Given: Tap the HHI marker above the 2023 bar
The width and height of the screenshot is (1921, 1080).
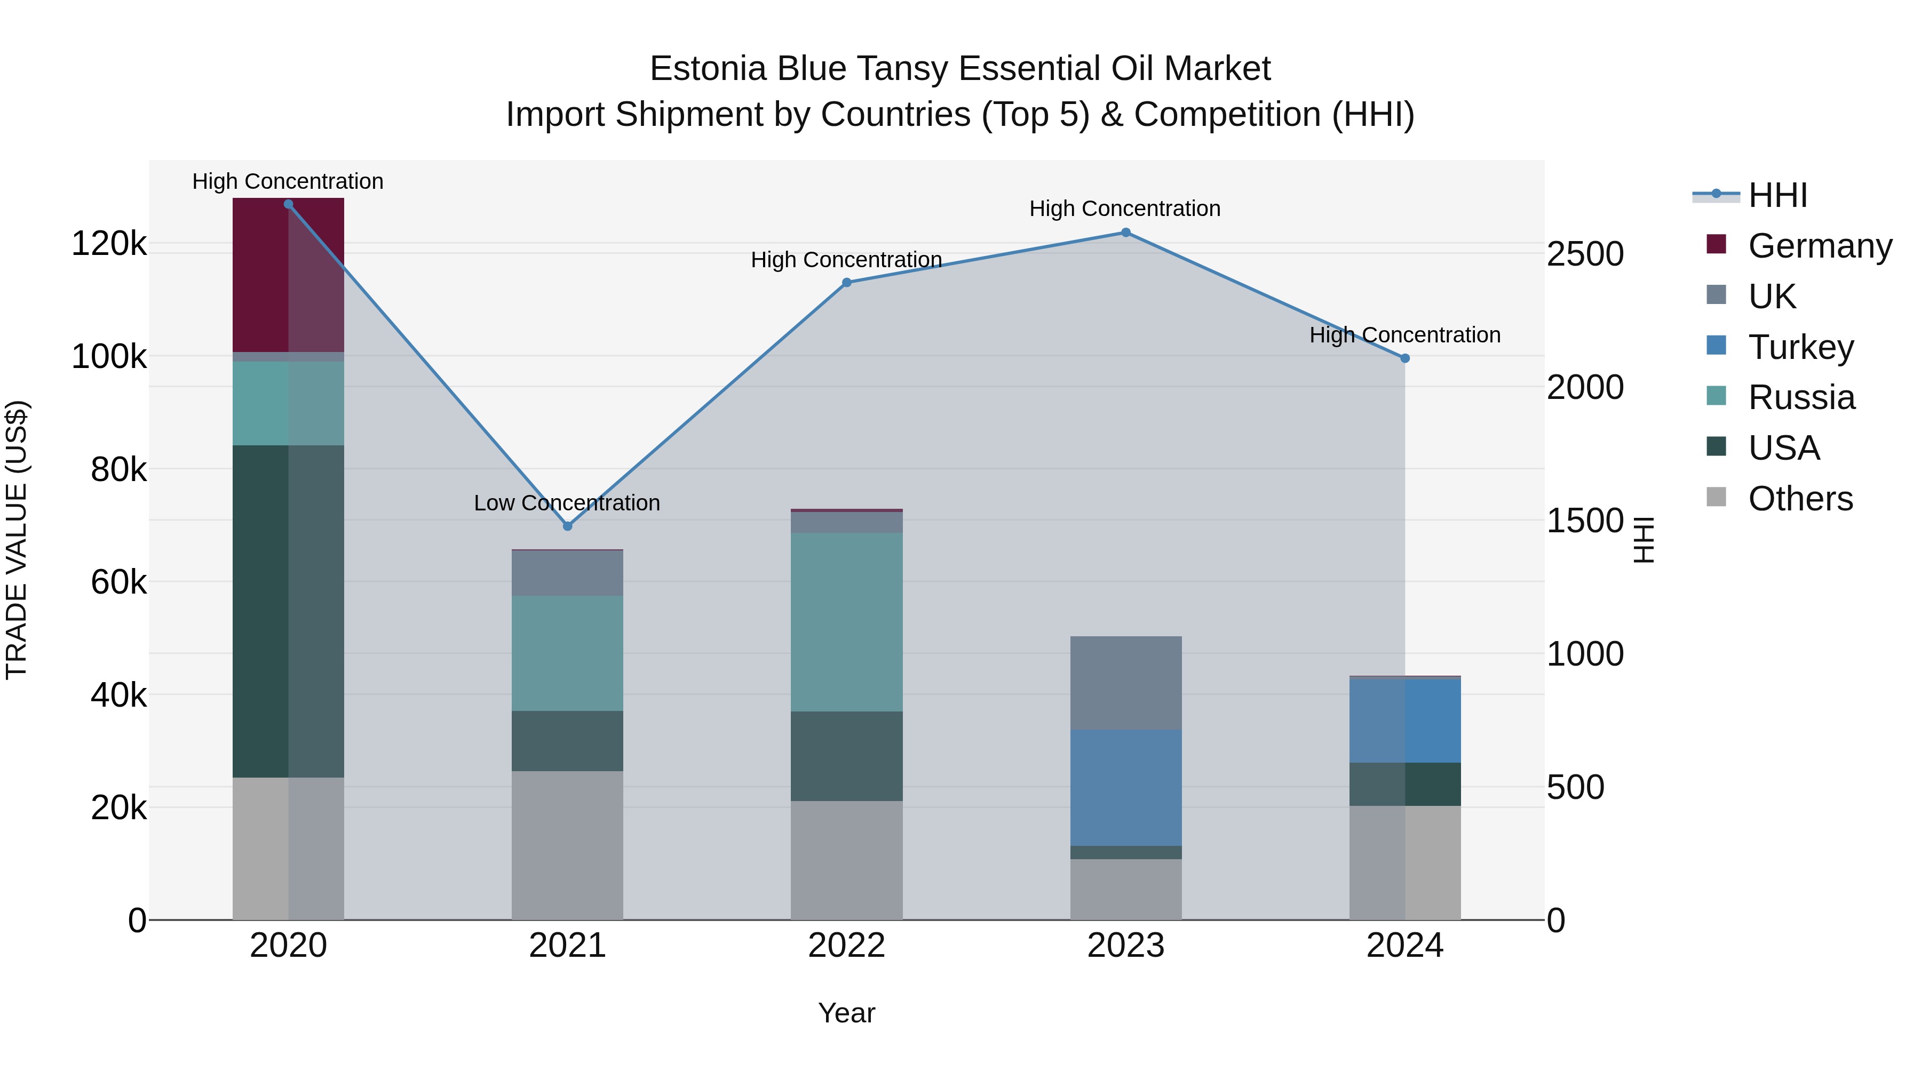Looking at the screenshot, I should point(1125,233).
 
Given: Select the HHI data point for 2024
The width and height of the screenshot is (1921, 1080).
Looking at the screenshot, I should point(1405,358).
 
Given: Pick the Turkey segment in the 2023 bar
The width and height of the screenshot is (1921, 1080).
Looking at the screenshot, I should point(1125,787).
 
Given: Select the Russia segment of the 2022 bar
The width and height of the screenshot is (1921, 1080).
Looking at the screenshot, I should point(846,622).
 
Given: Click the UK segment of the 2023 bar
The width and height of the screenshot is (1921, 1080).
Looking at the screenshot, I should point(1125,683).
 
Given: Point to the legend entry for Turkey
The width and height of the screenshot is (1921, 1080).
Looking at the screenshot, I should point(1800,347).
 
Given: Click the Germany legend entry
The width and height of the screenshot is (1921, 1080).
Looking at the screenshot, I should point(1819,246).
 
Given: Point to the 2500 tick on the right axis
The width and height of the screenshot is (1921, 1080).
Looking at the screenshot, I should point(1585,254).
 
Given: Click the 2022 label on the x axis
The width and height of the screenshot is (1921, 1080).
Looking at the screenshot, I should point(846,946).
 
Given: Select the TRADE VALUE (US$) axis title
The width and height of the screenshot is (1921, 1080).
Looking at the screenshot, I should point(17,540).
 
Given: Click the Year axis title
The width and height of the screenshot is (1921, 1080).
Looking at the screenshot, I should point(846,1013).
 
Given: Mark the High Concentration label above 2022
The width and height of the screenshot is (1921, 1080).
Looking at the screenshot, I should point(846,260).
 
